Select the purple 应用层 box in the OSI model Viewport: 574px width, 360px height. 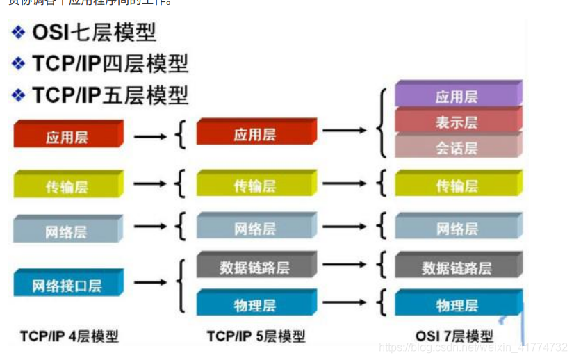[457, 97]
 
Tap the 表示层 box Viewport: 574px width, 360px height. [457, 122]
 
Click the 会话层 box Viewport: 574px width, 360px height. [457, 147]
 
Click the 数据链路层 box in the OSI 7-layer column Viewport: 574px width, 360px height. [457, 268]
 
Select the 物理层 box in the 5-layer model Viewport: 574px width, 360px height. [255, 305]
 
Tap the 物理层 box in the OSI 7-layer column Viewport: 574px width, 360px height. [457, 305]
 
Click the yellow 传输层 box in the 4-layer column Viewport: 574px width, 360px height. [67, 186]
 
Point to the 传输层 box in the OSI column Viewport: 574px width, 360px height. [457, 186]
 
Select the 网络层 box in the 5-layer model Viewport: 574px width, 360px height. [255, 229]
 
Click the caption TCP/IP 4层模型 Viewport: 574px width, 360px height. [69, 336]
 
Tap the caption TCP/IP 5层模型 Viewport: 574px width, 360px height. [256, 336]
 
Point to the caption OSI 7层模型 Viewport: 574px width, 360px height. [454, 336]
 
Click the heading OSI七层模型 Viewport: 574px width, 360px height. [94, 33]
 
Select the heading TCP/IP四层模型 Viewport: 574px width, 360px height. [110, 64]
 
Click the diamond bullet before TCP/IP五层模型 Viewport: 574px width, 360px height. [19, 95]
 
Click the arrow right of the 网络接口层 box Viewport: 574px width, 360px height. [150, 283]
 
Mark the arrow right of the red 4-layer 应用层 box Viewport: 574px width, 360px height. [150, 136]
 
